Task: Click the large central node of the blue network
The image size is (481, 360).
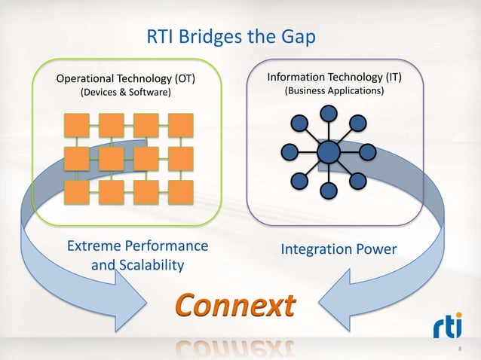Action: point(329,152)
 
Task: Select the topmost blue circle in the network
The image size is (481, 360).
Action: point(329,113)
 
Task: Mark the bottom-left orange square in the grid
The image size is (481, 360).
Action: point(76,192)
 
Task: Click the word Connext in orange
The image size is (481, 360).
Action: point(235,307)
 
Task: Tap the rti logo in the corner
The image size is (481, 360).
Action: point(450,327)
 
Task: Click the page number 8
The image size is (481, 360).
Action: point(461,349)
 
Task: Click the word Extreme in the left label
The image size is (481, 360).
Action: point(96,246)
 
